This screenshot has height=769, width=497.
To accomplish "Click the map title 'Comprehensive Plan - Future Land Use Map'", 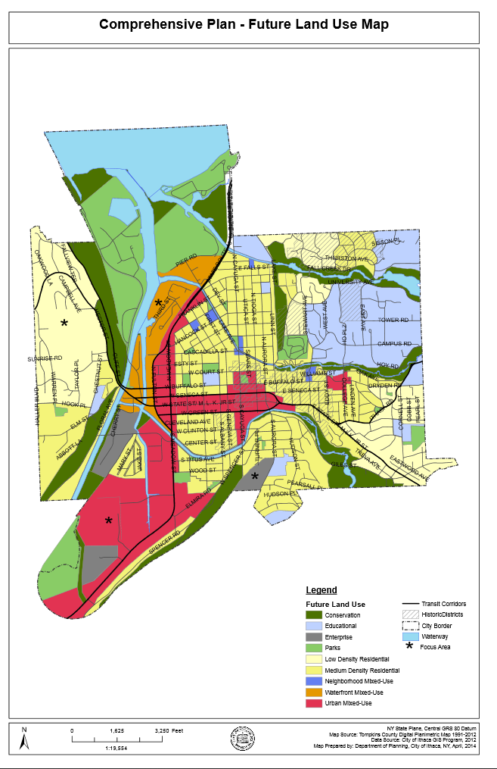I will pyautogui.click(x=244, y=25).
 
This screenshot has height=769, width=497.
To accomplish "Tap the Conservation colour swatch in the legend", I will pyautogui.click(x=314, y=615).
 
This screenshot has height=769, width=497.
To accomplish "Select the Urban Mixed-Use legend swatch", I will pyautogui.click(x=314, y=704).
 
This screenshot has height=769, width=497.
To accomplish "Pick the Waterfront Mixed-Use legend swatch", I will pyautogui.click(x=314, y=692).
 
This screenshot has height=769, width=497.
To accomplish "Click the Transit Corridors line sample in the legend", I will pyautogui.click(x=412, y=604).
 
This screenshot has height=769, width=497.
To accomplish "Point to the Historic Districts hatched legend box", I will pyautogui.click(x=412, y=614).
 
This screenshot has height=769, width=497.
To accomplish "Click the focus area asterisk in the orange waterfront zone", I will pyautogui.click(x=159, y=303).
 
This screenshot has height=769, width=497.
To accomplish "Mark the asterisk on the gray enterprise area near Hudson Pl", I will pyautogui.click(x=255, y=476).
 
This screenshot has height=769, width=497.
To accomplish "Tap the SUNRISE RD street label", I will pyautogui.click(x=45, y=358).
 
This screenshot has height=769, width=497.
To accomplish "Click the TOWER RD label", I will pyautogui.click(x=393, y=320).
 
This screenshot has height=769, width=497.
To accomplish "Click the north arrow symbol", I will pyautogui.click(x=24, y=739).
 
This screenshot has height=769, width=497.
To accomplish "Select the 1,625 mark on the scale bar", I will pyautogui.click(x=117, y=731).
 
